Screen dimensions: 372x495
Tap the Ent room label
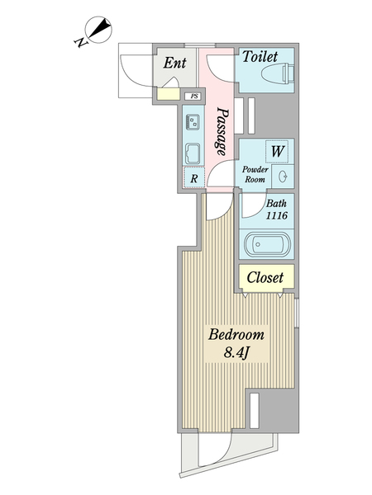click(174, 63)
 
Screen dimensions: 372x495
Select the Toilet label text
click(260, 57)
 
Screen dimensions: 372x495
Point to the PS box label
click(194, 96)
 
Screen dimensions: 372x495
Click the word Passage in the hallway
click(222, 131)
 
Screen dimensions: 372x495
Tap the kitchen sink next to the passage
click(193, 122)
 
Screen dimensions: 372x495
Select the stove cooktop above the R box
click(193, 154)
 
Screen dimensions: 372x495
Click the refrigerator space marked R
click(194, 179)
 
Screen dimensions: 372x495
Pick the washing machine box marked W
click(277, 151)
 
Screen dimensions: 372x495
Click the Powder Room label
click(255, 174)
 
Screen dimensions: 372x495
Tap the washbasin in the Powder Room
click(283, 177)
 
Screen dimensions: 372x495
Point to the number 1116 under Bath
click(276, 215)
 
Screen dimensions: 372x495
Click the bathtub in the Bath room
click(267, 244)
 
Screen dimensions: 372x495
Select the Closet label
click(265, 277)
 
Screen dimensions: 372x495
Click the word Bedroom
click(236, 334)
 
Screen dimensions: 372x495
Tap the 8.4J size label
click(235, 352)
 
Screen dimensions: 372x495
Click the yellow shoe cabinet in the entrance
click(169, 94)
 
